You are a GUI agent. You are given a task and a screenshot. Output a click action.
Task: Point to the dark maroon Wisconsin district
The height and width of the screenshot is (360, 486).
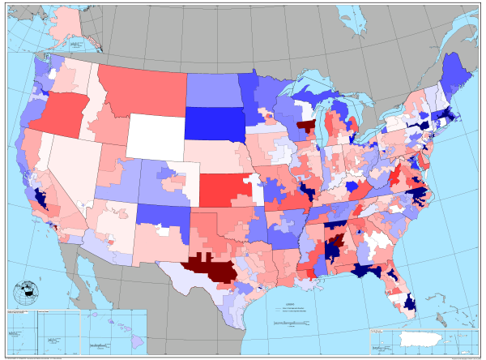(306, 126)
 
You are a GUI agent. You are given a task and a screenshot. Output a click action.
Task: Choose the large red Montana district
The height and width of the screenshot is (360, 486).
(142, 85)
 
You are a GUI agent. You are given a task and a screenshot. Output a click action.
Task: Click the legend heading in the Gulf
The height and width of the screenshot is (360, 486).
(290, 302)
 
